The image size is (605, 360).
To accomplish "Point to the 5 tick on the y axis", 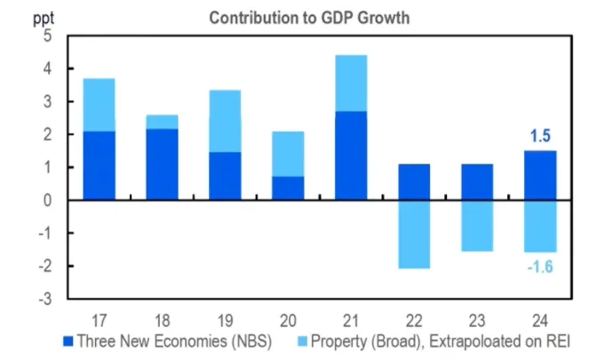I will pyautogui.click(x=47, y=36).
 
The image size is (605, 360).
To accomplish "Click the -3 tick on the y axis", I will pyautogui.click(x=44, y=299).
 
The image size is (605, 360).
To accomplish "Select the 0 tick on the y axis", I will pyautogui.click(x=47, y=200).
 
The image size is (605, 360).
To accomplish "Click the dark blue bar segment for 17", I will pyautogui.click(x=99, y=165).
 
